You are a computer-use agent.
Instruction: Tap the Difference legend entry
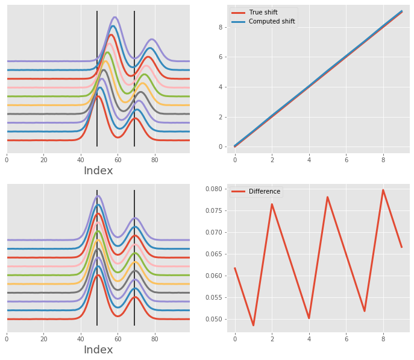tap(264, 192)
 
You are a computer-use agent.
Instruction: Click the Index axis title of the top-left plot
tap(98, 171)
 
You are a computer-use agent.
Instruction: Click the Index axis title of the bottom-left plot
tap(98, 350)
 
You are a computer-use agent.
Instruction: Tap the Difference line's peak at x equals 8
tap(383, 190)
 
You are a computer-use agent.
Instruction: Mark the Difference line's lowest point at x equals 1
tap(254, 326)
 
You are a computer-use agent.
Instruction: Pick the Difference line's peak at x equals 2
tap(272, 204)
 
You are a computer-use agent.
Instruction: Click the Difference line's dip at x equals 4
tap(309, 318)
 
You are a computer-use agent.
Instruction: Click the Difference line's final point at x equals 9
tap(401, 247)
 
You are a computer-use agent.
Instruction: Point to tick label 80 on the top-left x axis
tap(155, 160)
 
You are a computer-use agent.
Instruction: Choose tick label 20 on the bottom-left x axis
tap(43, 339)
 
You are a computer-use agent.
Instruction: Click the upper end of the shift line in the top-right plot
tap(401, 11)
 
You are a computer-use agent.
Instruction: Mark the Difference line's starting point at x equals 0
tap(235, 268)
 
